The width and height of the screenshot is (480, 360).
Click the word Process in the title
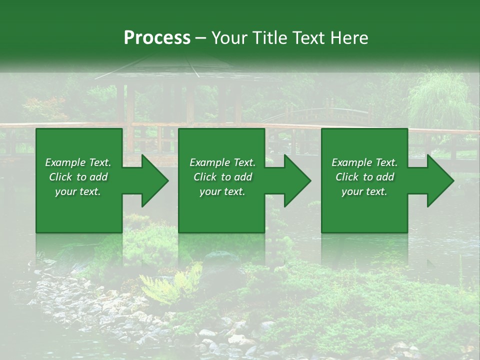pos(157,38)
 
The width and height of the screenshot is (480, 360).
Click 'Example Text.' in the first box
pos(78,162)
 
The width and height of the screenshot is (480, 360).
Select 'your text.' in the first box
pos(78,191)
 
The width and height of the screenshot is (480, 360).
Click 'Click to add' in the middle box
pos(222,177)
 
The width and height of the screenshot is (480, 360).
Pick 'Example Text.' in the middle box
pos(222,162)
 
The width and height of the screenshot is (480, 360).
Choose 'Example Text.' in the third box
pos(364,162)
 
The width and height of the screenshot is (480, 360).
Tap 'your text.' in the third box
pos(364,191)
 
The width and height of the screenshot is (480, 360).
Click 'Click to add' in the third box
pos(364,177)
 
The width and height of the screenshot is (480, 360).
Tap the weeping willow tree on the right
pos(440,100)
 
